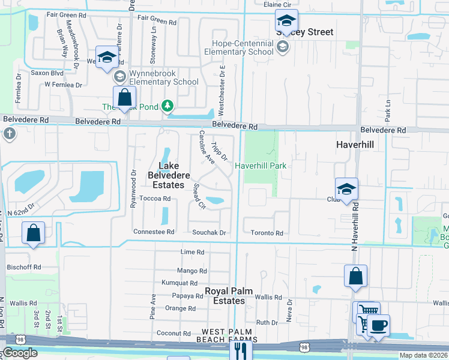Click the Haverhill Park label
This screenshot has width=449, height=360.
tap(259, 166)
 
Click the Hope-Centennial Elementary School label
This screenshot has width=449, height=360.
tap(246, 48)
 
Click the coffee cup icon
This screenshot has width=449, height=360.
tap(378, 326)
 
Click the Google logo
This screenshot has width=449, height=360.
tap(20, 353)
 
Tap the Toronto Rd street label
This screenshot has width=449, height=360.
tap(267, 233)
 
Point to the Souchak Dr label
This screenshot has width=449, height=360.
tap(209, 233)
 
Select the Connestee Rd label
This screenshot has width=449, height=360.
tap(154, 232)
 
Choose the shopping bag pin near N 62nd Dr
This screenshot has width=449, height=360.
tap(34, 233)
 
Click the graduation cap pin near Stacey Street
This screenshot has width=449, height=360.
tap(286, 22)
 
